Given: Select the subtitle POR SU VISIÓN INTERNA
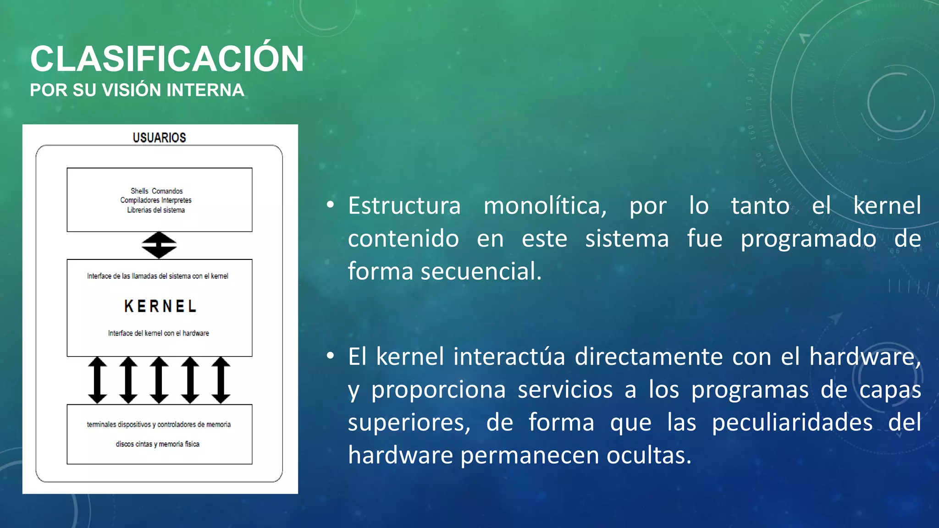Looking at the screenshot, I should click(137, 90).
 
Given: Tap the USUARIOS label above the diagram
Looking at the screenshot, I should click(159, 137).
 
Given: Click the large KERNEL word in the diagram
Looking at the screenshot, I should click(160, 306).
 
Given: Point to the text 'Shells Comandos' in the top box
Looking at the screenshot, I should click(156, 191).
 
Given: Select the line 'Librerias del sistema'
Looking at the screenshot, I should click(156, 210).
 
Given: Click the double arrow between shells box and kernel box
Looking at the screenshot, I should click(159, 245).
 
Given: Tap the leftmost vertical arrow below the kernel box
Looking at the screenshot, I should click(97, 380).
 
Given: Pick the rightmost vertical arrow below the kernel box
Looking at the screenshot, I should click(221, 380).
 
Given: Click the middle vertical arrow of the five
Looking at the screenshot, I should click(159, 380).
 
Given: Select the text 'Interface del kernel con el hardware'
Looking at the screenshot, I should click(159, 333).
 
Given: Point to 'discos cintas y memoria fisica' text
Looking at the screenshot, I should click(157, 444).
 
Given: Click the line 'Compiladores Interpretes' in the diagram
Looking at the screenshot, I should click(156, 200).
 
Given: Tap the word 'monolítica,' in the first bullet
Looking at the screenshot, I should click(545, 206).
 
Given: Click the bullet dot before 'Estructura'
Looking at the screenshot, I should click(330, 205).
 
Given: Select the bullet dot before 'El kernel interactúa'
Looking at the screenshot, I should click(330, 356).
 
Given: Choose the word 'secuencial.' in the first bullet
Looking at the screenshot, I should click(481, 271).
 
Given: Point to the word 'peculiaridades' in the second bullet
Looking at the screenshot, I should click(792, 422).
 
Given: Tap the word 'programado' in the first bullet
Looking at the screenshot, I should click(808, 239).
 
